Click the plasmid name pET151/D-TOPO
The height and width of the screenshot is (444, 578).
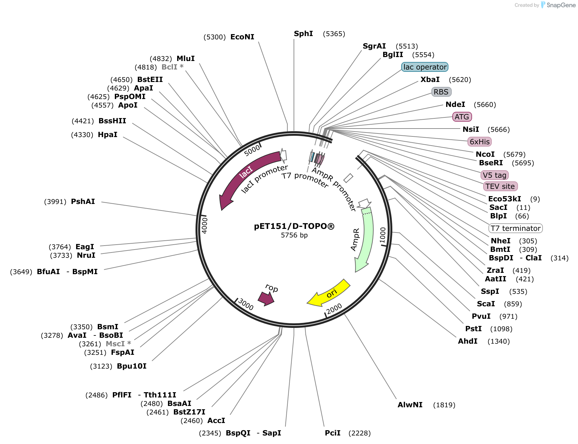(294, 226)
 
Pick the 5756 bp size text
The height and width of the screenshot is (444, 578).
(294, 235)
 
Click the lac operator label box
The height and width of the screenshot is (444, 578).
(425, 67)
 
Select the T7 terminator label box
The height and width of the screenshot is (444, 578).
(516, 228)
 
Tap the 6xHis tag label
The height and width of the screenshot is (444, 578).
(480, 142)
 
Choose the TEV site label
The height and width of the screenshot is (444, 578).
(500, 186)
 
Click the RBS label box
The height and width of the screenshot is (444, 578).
(441, 92)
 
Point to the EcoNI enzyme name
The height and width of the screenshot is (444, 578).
(242, 37)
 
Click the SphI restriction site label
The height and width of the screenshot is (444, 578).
(303, 33)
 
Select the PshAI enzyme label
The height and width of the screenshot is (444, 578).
(83, 201)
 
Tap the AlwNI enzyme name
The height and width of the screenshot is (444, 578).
(410, 405)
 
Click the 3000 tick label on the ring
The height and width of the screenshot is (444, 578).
(246, 304)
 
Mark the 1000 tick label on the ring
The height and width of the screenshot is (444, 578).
(383, 235)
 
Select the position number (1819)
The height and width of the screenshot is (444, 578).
(444, 405)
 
